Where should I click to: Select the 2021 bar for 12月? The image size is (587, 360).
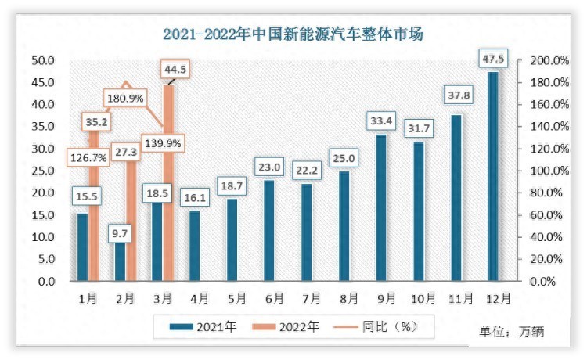tap(493, 176)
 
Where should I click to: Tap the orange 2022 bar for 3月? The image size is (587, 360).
tap(168, 184)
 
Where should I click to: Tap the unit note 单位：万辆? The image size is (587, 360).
tap(511, 332)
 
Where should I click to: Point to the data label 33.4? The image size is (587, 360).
tap(381, 121)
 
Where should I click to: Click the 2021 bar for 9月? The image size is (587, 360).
tap(381, 207)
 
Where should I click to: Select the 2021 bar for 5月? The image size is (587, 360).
tap(232, 239)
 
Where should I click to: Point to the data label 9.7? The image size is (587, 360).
tap(120, 233)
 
